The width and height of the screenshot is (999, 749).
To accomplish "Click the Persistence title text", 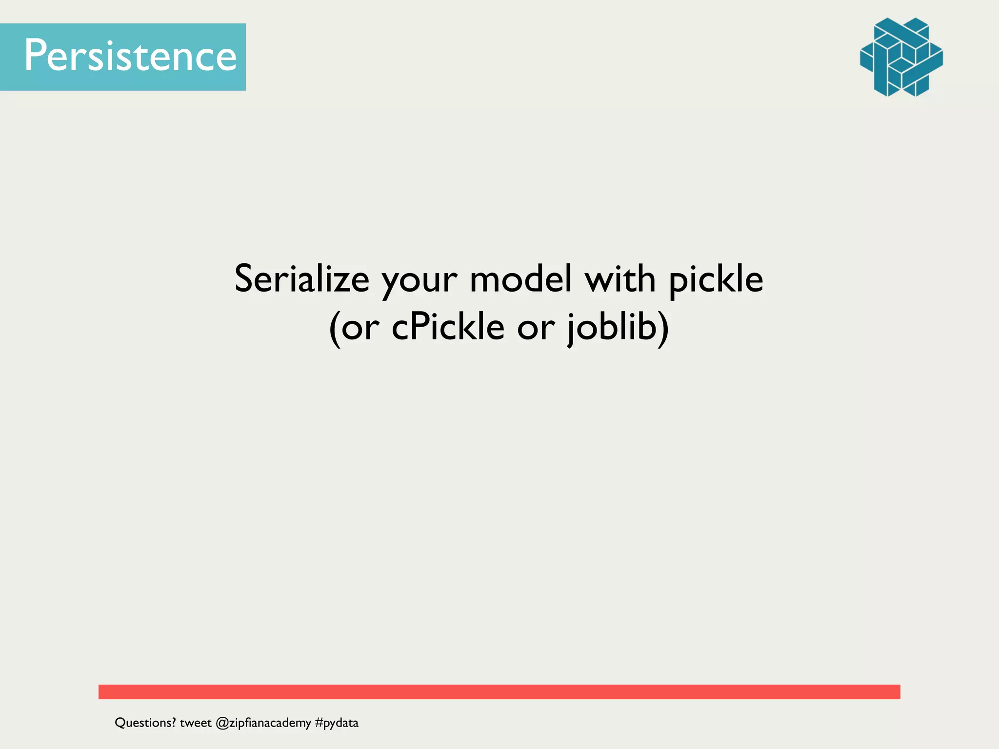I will (x=130, y=56).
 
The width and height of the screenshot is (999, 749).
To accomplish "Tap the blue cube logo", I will (x=901, y=57).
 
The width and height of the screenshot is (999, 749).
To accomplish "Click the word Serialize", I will (x=301, y=279).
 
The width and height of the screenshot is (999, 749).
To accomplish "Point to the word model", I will (x=520, y=279).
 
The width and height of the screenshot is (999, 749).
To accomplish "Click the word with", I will (x=619, y=279).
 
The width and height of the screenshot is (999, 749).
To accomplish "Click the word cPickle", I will (x=448, y=327).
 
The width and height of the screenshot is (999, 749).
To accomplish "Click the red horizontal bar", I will (x=499, y=691).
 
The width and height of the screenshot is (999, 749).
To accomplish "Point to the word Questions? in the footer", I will (x=145, y=723).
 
